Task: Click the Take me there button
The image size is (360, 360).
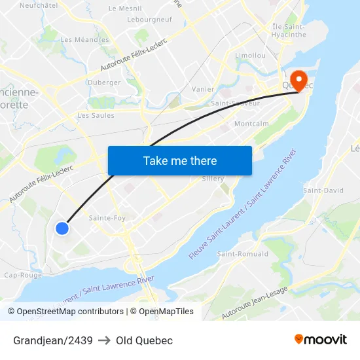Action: tap(180, 160)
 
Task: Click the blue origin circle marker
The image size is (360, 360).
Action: tap(62, 228)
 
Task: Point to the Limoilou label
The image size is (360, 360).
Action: tap(250, 56)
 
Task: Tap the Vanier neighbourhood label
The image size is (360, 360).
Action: tap(203, 89)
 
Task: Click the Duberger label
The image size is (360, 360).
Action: tap(104, 83)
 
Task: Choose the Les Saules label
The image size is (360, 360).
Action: tap(96, 115)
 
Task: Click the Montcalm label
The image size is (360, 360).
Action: tap(251, 123)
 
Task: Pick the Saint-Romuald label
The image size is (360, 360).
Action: tap(242, 253)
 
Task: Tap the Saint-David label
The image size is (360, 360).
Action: tap(323, 190)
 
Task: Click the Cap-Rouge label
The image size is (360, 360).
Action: tap(23, 275)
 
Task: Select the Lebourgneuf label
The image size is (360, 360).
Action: tap(150, 20)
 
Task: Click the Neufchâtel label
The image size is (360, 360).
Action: tap(39, 5)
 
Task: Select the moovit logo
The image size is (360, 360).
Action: tap(321, 340)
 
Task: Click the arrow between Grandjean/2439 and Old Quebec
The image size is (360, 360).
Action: tap(104, 340)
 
